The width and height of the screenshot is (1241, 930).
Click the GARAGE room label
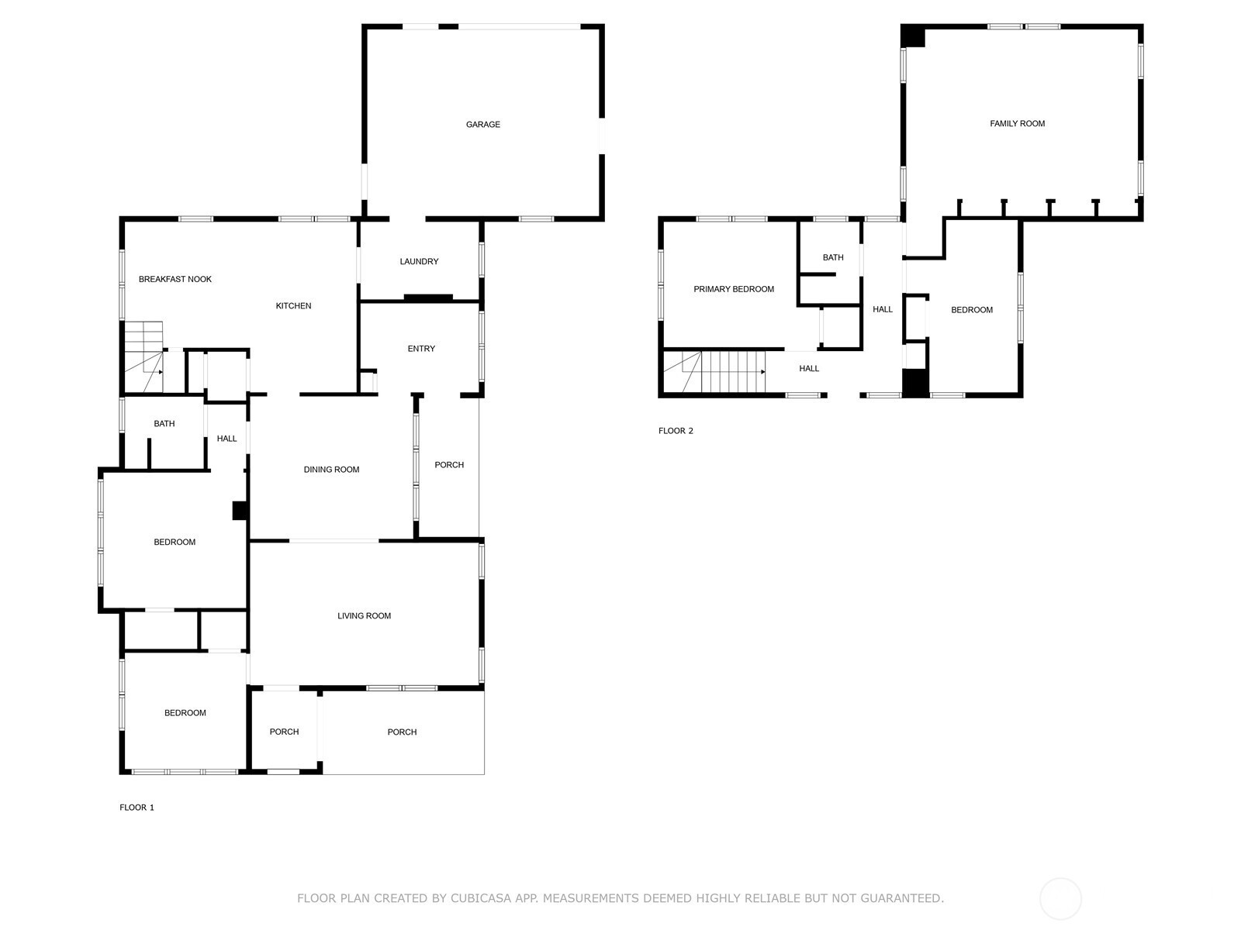483,124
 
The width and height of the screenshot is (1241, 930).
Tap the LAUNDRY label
419,261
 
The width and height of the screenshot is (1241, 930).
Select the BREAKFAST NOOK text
175,279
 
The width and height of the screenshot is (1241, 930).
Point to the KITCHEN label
293,305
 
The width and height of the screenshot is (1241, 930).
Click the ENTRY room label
421,349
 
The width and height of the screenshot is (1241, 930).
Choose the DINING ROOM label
331,469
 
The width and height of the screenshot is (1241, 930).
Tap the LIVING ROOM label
364,615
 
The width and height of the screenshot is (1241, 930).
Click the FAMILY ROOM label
1017,123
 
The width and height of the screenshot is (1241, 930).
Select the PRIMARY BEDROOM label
734,289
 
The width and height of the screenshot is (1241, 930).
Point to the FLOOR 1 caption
137,807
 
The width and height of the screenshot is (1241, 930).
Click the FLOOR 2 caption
676,430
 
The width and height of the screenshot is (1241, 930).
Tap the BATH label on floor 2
833,257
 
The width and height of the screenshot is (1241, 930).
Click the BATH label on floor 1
164,423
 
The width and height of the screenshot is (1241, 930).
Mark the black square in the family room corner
913,36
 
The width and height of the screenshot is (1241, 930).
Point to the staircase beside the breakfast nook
143,356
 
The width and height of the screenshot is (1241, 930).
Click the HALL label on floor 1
226,438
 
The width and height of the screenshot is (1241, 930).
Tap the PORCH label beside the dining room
449,465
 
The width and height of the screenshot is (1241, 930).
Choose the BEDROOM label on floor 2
971,309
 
